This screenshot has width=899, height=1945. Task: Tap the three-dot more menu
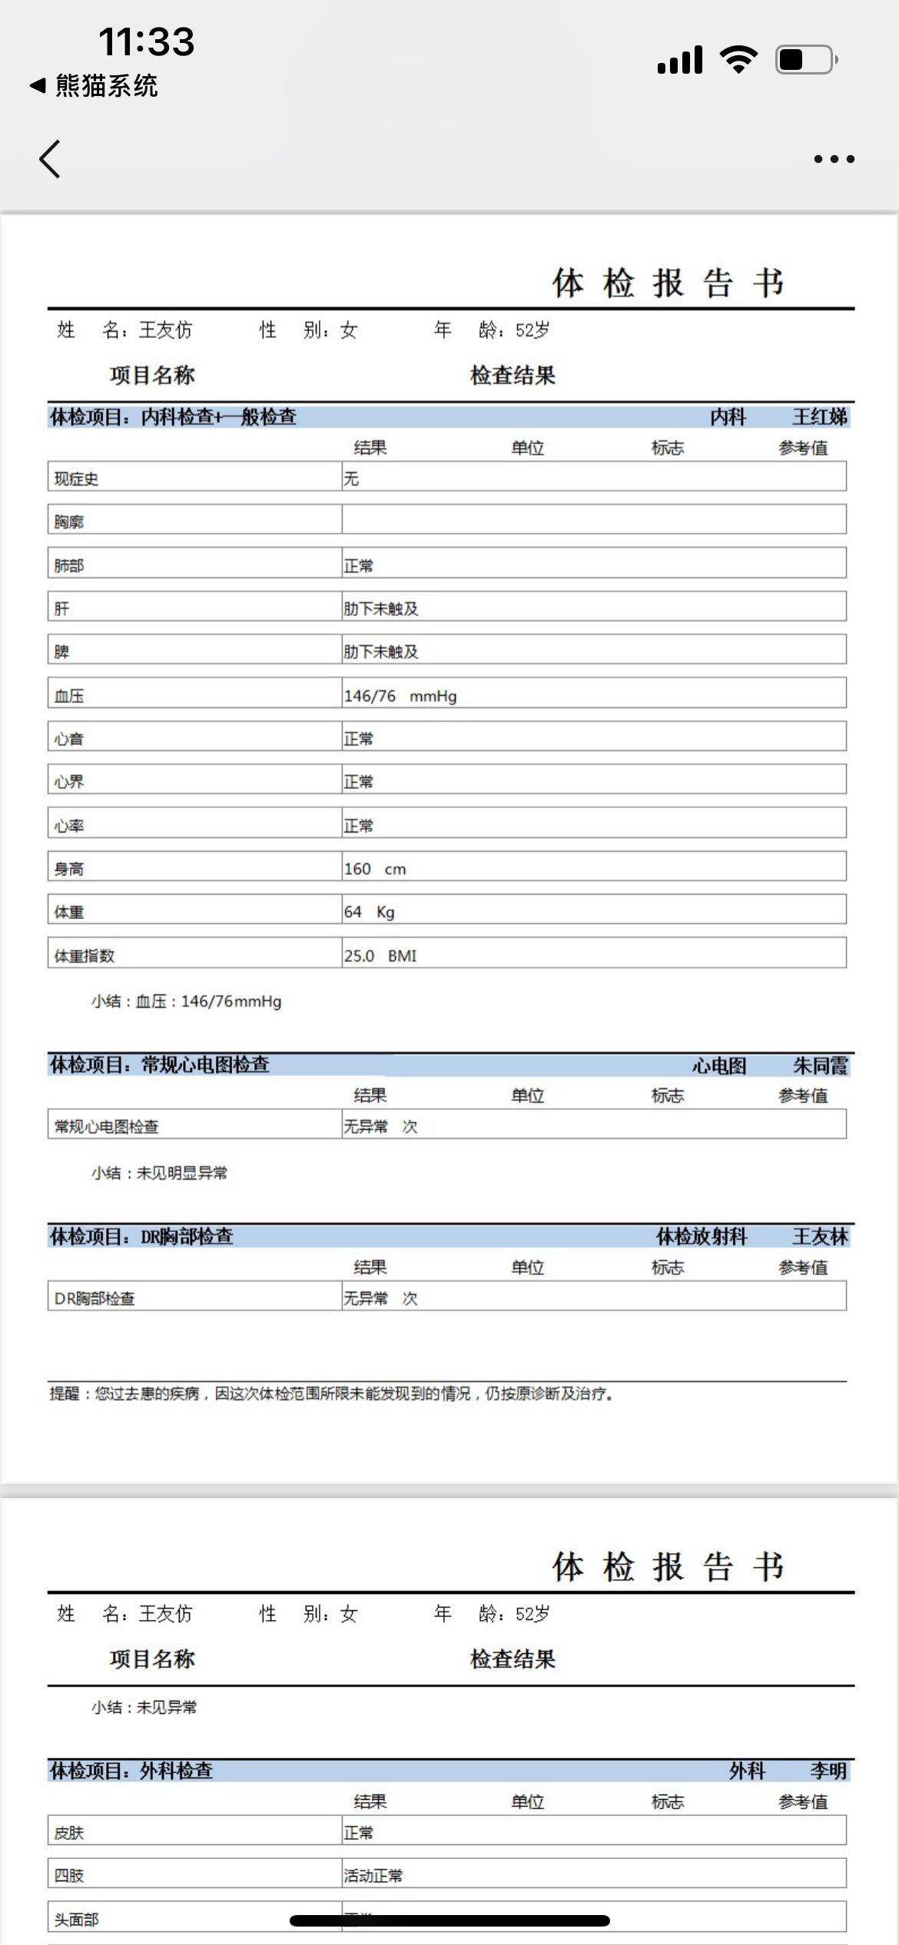834,159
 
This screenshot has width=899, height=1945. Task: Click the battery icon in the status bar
805,60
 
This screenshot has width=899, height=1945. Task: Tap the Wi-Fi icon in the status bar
738,59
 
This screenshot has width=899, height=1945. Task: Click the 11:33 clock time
146,41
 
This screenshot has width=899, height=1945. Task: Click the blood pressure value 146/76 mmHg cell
400,696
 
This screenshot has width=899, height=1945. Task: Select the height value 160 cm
374,869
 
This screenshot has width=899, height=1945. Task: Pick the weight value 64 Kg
369,912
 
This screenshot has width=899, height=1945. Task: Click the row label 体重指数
84,956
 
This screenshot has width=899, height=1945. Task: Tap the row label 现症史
76,479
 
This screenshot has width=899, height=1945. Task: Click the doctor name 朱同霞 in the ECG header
820,1065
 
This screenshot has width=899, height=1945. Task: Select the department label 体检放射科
701,1237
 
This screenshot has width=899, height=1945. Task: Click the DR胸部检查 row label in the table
95,1298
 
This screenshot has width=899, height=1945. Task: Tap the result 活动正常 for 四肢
373,1875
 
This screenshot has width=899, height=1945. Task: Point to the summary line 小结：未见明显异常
159,1173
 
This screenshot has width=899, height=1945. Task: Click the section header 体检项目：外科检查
131,1771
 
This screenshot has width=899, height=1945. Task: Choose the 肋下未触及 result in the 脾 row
380,651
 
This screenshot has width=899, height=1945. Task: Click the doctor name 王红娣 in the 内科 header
819,417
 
